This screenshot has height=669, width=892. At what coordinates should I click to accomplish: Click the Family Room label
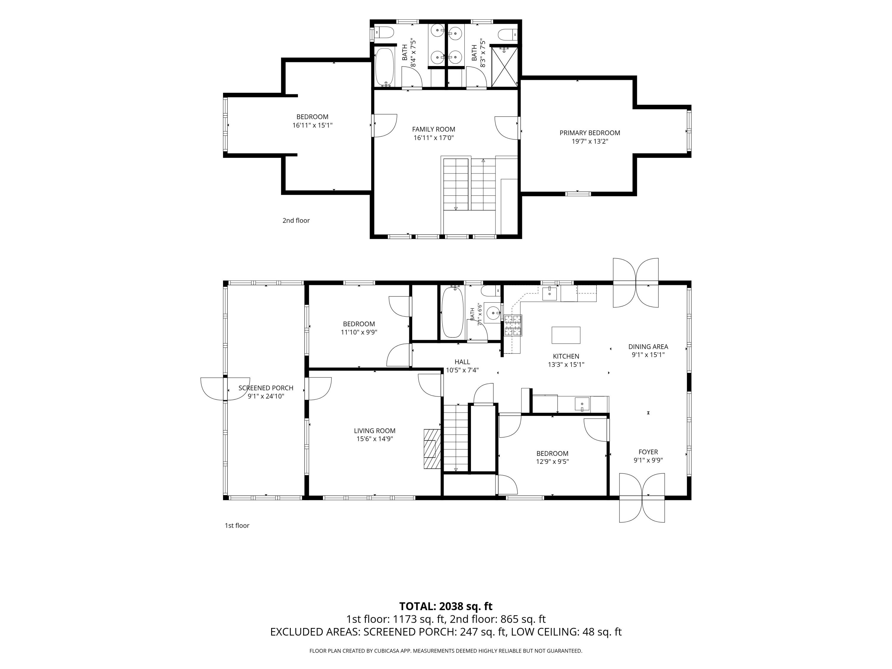434,129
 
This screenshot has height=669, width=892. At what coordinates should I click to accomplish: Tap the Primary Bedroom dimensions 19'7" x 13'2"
590,142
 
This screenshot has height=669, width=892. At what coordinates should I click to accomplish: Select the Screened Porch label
266,388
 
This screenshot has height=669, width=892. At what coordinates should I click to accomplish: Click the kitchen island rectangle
566,335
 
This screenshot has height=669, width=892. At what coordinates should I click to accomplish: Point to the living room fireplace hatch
432,449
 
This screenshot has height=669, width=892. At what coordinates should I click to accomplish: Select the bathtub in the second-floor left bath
385,67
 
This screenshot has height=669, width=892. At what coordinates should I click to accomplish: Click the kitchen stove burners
513,325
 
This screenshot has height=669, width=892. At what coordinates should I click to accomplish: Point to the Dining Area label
648,347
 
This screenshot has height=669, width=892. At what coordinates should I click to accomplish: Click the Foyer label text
648,452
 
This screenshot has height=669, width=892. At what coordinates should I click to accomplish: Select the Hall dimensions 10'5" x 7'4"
462,370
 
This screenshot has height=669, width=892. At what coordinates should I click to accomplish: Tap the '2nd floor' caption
296,221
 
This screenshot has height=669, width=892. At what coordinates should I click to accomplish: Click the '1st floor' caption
237,525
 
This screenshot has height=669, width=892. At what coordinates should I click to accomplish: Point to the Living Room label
375,431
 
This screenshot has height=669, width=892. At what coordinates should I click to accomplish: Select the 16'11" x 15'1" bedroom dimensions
312,125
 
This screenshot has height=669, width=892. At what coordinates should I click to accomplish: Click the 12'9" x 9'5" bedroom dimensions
552,462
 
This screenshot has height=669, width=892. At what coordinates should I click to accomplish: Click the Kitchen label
566,357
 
